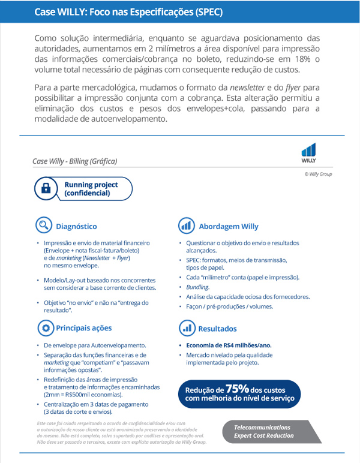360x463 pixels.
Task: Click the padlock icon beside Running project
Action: (x=46, y=189)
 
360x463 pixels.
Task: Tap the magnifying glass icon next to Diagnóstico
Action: (x=43, y=226)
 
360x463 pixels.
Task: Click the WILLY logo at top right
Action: (x=309, y=154)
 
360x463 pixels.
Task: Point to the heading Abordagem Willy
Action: (x=228, y=227)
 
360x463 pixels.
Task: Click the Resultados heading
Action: (x=217, y=329)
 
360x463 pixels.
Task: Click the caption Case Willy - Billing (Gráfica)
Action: (x=74, y=161)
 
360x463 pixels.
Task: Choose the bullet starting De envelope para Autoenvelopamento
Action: (x=95, y=346)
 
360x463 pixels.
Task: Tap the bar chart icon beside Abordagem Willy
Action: (x=186, y=226)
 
